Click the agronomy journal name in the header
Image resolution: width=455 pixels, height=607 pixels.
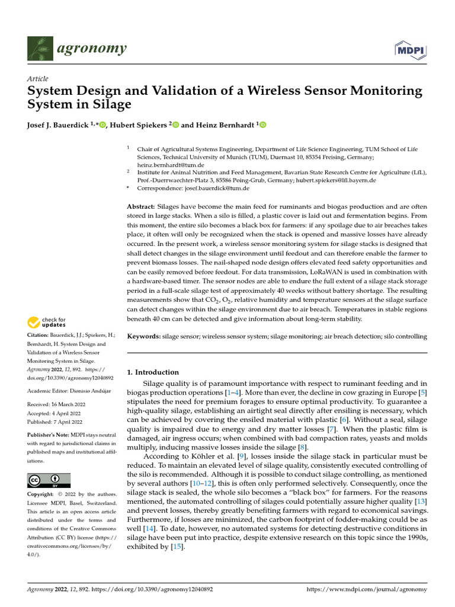[91, 49]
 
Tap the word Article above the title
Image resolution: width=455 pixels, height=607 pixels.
[38, 79]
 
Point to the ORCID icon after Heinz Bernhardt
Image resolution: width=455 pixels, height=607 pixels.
[263, 125]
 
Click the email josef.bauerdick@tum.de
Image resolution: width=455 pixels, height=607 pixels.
[220, 189]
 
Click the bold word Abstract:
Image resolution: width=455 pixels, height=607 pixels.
[143, 206]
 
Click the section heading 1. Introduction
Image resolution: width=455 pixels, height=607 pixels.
[153, 372]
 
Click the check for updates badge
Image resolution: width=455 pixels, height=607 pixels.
[47, 322]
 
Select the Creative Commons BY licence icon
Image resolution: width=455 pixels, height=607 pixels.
[49, 480]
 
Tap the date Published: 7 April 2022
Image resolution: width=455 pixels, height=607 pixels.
[58, 421]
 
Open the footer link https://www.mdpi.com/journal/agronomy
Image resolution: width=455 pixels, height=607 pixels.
[367, 590]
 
